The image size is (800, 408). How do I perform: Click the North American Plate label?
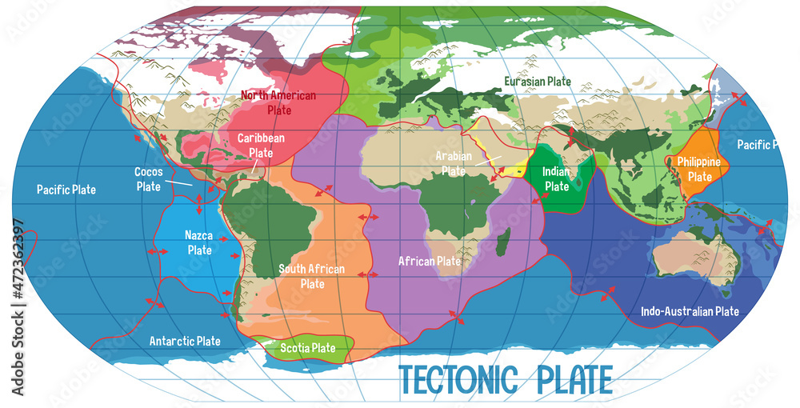point(278,102)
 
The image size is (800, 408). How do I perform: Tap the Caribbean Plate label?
point(261,145)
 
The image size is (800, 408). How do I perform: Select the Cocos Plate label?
point(148,179)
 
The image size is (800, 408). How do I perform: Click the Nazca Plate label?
point(198,242)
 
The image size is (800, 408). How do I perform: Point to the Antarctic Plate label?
point(185,341)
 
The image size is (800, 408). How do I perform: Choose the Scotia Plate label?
point(307,348)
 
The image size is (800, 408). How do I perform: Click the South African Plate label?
point(311,276)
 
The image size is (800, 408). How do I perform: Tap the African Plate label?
point(430,261)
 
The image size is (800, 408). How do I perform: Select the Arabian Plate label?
point(454,163)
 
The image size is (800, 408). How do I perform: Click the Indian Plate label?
point(556,179)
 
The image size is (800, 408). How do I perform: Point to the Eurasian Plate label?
point(537,81)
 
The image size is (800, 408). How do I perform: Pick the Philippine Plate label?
point(699,169)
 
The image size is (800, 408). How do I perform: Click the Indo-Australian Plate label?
point(690,311)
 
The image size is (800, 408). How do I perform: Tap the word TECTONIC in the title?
point(457,378)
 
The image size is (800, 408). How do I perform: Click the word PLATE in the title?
point(569,378)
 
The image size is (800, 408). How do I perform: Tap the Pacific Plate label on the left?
point(66,190)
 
